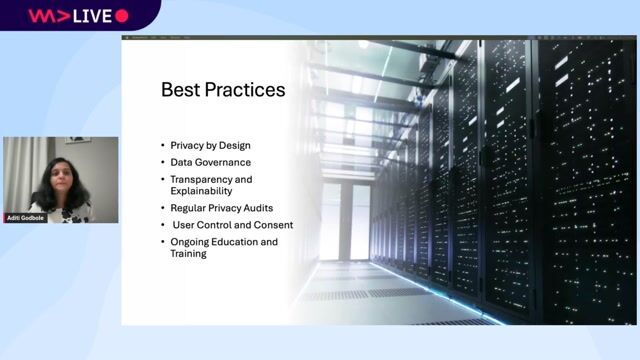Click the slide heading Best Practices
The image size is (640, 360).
click(223, 90)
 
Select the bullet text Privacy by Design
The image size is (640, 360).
click(213, 145)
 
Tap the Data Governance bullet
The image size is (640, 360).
click(210, 161)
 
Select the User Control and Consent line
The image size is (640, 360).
click(231, 225)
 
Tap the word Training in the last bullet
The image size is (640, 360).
click(187, 254)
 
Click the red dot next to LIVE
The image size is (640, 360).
click(122, 15)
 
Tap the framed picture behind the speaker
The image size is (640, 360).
click(78, 142)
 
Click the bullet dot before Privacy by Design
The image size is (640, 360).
click(163, 145)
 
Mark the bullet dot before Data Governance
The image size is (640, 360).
click(163, 161)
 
